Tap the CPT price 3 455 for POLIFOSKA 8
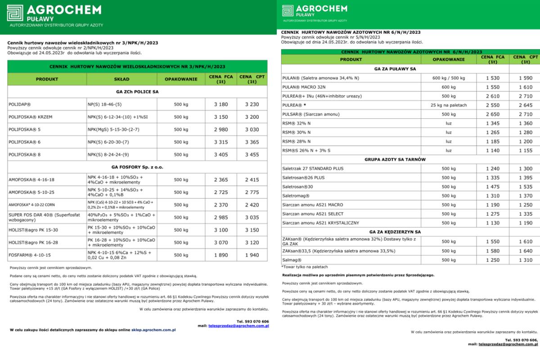point(252,154)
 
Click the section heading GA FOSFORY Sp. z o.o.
point(138,167)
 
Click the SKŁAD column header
point(121,79)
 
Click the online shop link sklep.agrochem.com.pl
point(153,330)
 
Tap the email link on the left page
point(238,325)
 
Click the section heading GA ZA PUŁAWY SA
point(395,69)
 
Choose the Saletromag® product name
point(295,196)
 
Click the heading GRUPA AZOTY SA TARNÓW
point(395,160)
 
